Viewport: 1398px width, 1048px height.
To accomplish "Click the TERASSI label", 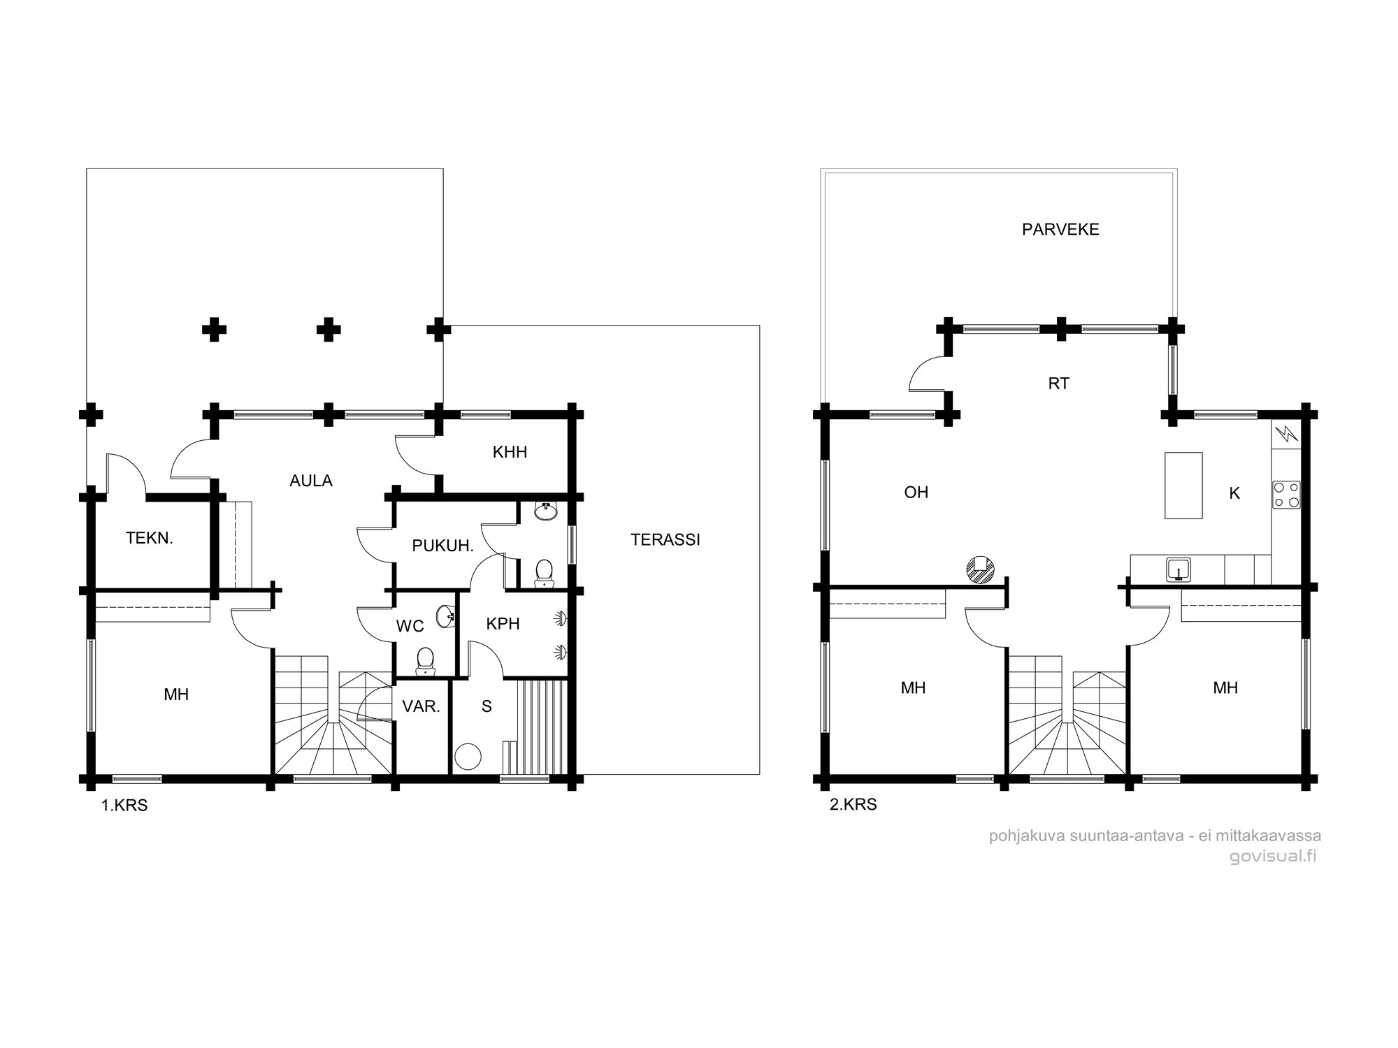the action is click(x=665, y=539).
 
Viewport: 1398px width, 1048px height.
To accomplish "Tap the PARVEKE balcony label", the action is click(x=1060, y=229).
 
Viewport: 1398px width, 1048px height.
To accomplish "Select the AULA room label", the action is click(x=311, y=481).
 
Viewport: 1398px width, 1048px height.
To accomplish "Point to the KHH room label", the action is click(x=510, y=452).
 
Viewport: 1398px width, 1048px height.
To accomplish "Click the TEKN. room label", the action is click(x=149, y=538).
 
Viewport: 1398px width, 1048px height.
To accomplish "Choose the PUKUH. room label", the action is click(x=443, y=546).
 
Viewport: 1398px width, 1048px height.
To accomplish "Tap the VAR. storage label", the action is click(x=421, y=706).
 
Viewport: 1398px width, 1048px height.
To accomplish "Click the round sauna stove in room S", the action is click(x=468, y=757).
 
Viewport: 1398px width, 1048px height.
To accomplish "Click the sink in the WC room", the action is click(x=445, y=616).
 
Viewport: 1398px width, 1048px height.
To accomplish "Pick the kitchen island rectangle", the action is click(x=1183, y=485).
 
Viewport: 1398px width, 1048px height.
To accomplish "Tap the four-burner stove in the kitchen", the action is click(x=1286, y=494).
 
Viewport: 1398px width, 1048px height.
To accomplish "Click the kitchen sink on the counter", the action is click(x=1179, y=569).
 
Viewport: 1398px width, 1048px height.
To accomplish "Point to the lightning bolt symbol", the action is click(x=1287, y=435).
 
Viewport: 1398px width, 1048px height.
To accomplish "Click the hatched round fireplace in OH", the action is click(x=980, y=569).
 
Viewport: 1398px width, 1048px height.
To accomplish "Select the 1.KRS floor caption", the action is click(x=124, y=806).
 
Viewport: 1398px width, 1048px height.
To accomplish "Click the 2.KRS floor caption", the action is click(x=853, y=804).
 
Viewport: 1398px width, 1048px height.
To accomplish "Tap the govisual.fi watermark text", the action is click(x=1272, y=857).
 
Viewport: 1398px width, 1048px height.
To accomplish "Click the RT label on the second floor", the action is click(x=1059, y=384).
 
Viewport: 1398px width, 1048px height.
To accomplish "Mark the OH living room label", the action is click(x=916, y=493).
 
